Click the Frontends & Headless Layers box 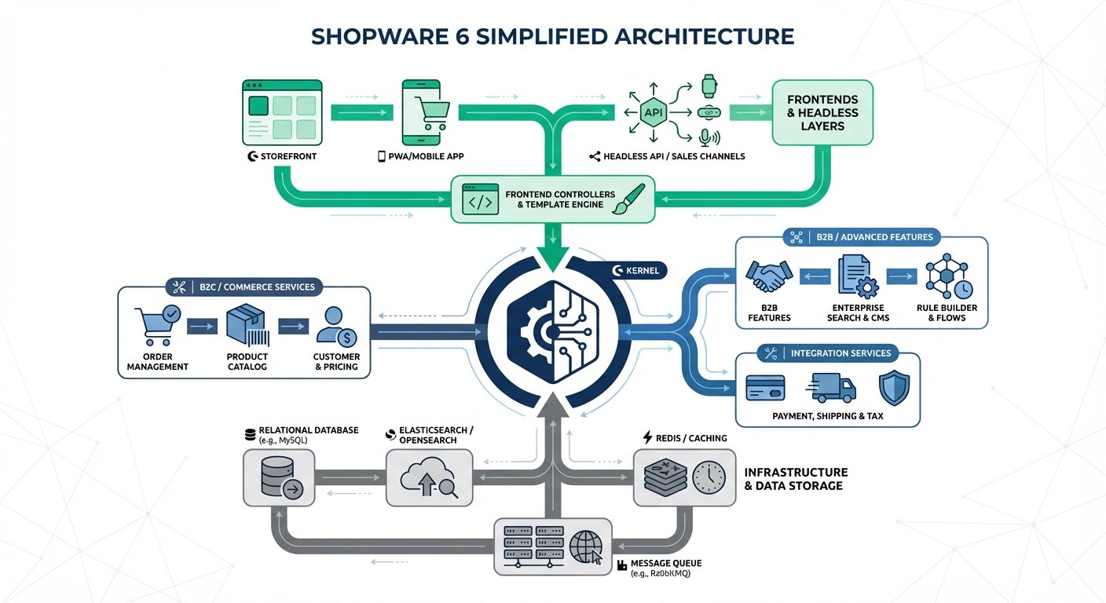822,113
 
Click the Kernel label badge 638,271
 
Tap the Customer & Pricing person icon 335,327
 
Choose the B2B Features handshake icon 768,276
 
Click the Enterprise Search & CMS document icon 855,276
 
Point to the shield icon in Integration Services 894,388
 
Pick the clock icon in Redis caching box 709,477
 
